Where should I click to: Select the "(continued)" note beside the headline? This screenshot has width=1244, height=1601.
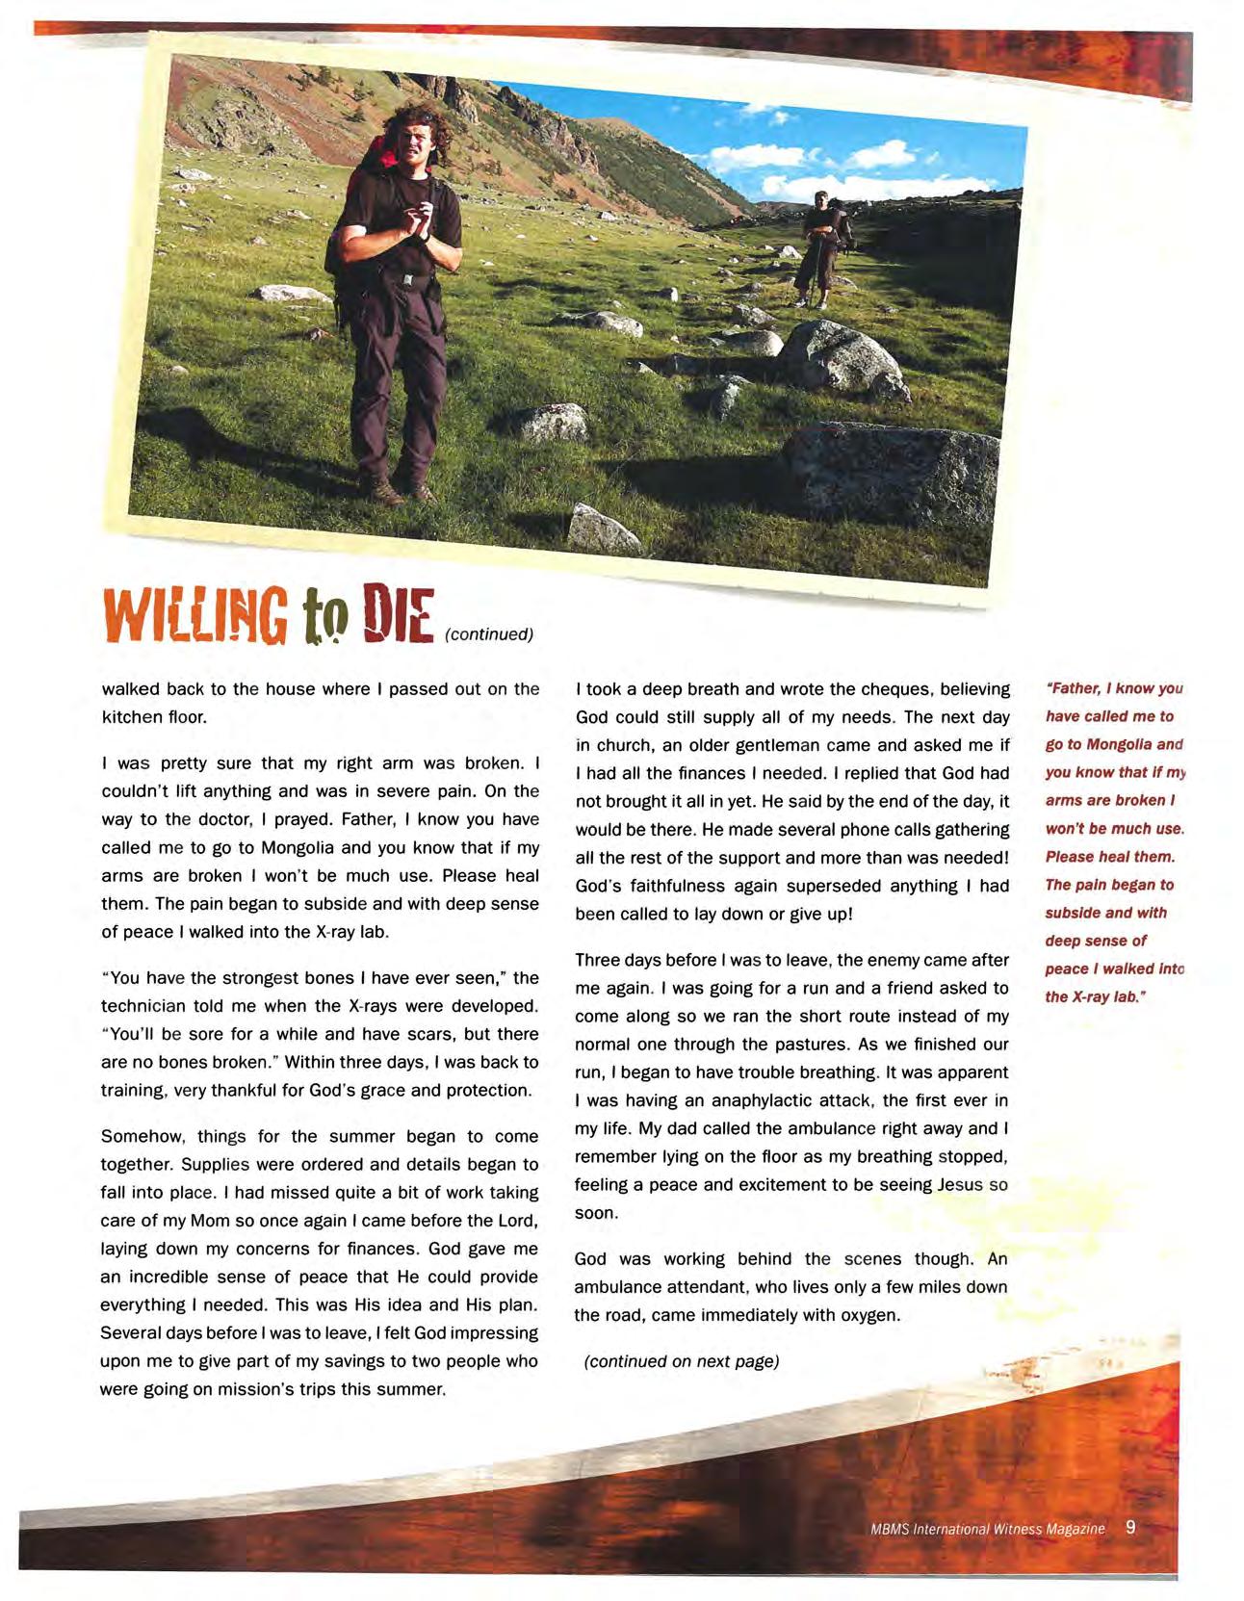[488, 634]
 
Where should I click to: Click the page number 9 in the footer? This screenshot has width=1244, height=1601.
[1130, 1528]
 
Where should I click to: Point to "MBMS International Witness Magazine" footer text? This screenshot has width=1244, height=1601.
[987, 1530]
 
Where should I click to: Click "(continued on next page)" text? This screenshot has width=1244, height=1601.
[682, 1361]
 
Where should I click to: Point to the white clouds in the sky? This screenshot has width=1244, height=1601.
[847, 164]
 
